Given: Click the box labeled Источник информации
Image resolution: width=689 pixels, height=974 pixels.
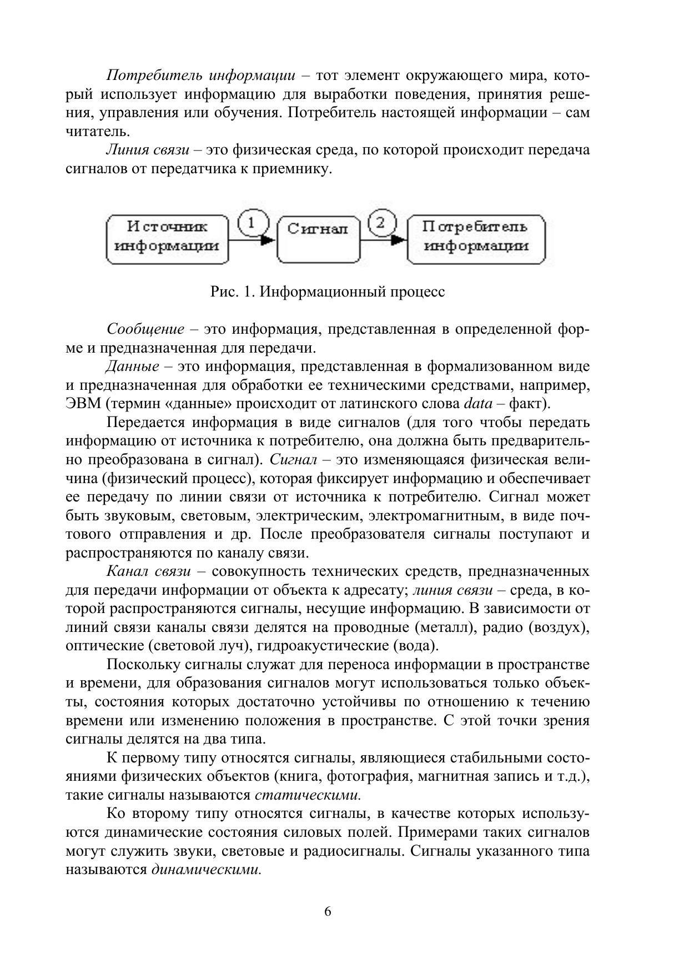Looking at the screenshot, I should click(x=168, y=239).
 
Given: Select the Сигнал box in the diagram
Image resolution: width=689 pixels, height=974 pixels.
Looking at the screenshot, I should click(x=318, y=239).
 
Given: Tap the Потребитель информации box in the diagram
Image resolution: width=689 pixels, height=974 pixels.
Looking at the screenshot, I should click(x=476, y=239).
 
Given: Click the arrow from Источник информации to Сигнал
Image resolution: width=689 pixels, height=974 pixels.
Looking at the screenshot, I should click(x=253, y=240).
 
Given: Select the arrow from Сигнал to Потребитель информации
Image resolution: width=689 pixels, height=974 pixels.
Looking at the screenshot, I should click(x=383, y=240).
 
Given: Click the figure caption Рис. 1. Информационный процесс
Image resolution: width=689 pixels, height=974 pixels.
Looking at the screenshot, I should click(x=328, y=292).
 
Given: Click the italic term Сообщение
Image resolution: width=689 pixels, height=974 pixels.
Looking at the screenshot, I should click(x=145, y=329).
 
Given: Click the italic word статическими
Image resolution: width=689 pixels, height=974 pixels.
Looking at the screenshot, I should click(x=308, y=795).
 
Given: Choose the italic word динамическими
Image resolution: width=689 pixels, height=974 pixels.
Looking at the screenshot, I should click(x=206, y=870).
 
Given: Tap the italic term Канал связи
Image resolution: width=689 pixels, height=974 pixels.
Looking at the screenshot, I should click(x=149, y=571).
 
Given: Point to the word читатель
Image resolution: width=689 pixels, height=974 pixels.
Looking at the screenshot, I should click(x=98, y=132).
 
